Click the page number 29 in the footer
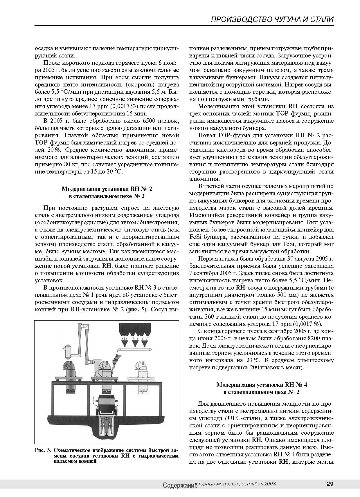click(330, 484)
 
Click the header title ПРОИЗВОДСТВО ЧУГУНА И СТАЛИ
click(272, 19)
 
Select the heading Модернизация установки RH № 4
click(262, 385)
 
